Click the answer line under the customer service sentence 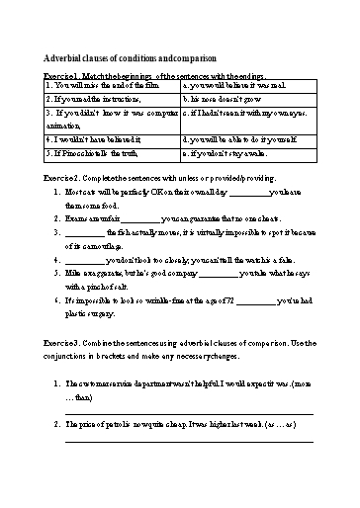pos(188,413)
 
